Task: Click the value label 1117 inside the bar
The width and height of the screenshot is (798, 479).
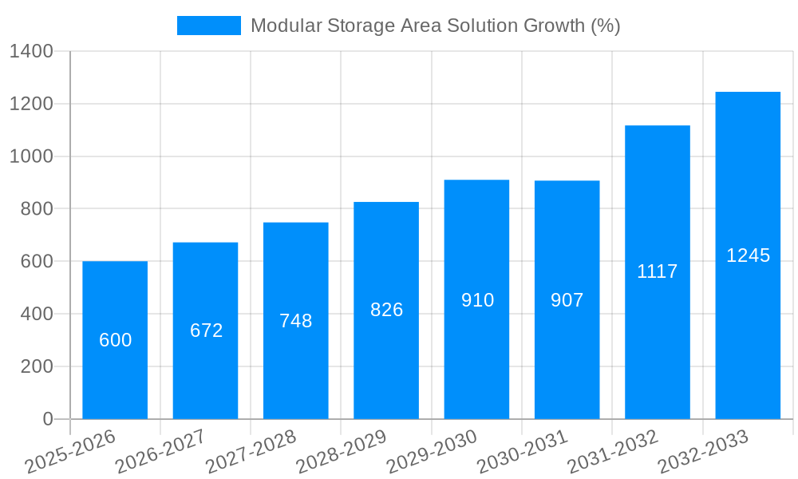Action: pos(657,271)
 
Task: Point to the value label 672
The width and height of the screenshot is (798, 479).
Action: pos(206,331)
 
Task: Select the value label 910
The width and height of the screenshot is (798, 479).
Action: pos(477,300)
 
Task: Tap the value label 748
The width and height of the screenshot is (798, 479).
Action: pos(296,321)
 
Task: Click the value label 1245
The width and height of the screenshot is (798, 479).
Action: pos(748,255)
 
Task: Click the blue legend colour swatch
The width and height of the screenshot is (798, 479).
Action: pos(208,26)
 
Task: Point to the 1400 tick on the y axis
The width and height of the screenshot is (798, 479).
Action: pos(31,52)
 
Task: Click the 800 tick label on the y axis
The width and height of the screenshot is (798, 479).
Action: pos(36,209)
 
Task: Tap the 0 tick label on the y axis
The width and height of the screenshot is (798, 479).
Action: pos(47,419)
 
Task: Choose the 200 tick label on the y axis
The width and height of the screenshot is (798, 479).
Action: pos(36,366)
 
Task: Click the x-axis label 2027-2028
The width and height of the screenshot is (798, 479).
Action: pos(251,452)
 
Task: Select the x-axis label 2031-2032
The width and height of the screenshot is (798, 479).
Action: pos(613,452)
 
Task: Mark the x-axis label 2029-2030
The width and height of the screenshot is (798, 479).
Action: pos(432,452)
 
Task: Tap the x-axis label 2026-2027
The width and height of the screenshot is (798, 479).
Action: pos(160,452)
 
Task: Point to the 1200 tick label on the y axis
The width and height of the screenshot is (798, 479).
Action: pos(31,104)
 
